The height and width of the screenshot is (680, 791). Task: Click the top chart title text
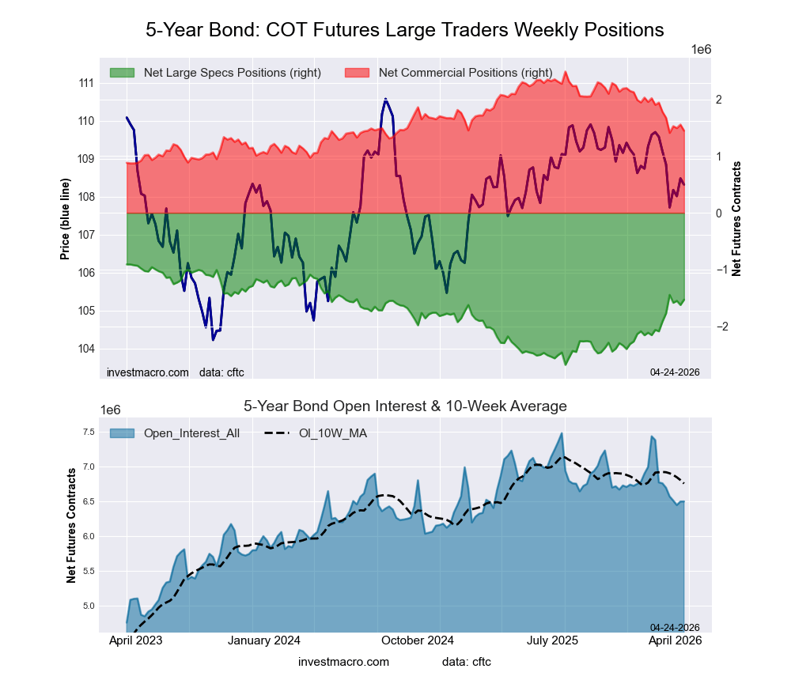coord(404,30)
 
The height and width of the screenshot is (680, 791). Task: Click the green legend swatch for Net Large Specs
coord(122,73)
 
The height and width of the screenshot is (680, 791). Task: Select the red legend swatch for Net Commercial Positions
coord(357,73)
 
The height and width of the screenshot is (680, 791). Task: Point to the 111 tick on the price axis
coord(86,83)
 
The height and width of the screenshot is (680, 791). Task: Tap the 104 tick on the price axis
coord(86,349)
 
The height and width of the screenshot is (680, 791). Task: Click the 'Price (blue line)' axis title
coord(65,219)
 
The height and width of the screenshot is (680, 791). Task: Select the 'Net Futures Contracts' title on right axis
coord(736,219)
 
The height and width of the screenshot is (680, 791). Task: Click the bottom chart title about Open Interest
coord(404,406)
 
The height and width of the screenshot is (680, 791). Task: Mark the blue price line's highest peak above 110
coord(385,99)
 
